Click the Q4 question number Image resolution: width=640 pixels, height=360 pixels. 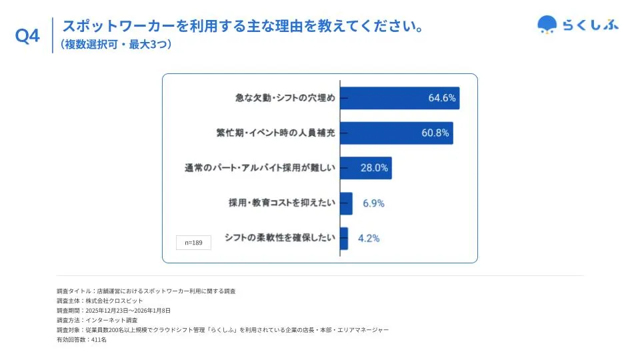pyautogui.click(x=27, y=37)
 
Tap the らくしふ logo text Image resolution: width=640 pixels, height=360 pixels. pyautogui.click(x=591, y=25)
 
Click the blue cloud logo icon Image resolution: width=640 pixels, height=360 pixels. pyautogui.click(x=547, y=25)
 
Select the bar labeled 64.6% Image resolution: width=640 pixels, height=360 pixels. pyautogui.click(x=399, y=98)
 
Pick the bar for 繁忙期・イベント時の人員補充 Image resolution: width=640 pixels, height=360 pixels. pyautogui.click(x=396, y=133)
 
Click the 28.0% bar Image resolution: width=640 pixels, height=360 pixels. pyautogui.click(x=365, y=168)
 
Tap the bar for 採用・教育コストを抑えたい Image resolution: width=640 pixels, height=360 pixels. pyautogui.click(x=346, y=203)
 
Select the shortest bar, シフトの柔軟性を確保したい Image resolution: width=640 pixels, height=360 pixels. pyautogui.click(x=344, y=238)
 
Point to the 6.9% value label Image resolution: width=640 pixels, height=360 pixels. pyautogui.click(x=373, y=203)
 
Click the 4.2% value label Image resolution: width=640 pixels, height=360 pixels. pyautogui.click(x=369, y=238)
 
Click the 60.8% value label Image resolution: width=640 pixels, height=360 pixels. pyautogui.click(x=435, y=133)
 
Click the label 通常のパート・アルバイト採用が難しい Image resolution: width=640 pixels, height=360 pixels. pyautogui.click(x=259, y=168)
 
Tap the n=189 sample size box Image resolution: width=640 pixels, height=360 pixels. pyautogui.click(x=193, y=243)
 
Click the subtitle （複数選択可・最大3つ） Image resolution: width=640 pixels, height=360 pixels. pyautogui.click(x=117, y=45)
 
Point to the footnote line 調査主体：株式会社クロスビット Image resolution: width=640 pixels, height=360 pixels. pyautogui.click(x=100, y=301)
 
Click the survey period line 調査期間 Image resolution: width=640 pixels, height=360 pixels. pyautogui.click(x=114, y=311)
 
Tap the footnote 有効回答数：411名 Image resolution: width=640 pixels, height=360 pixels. pyautogui.click(x=81, y=339)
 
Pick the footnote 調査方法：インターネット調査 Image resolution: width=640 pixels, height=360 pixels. pyautogui.click(x=97, y=320)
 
